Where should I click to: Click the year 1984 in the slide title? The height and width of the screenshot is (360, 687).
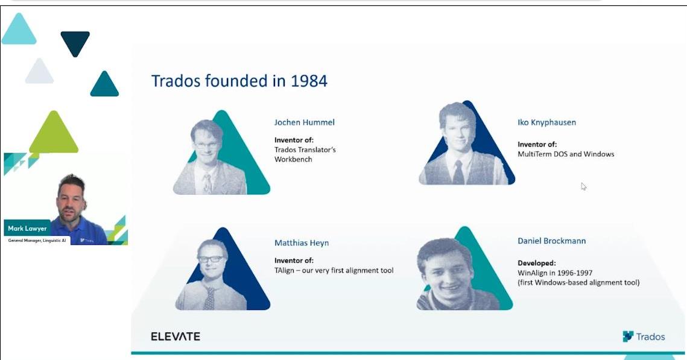pos(309,81)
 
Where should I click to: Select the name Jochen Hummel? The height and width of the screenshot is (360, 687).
pos(305,122)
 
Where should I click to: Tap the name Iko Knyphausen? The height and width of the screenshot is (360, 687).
pos(547,122)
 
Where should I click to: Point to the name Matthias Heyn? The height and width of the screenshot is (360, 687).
pos(302,243)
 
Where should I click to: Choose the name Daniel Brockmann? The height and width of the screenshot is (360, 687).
pos(552,241)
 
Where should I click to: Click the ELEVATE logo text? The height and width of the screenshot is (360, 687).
pos(176,336)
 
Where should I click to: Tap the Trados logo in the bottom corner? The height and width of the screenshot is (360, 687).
pos(644,336)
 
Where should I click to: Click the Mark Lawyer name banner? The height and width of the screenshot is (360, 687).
pos(27,228)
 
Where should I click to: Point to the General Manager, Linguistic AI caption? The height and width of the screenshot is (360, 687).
pos(37,241)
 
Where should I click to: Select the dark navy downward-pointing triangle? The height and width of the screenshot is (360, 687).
pos(75,42)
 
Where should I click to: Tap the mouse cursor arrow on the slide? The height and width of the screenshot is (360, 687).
pos(584,186)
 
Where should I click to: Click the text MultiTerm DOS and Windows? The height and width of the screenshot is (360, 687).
pos(566,154)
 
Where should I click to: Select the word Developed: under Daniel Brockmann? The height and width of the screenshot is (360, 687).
pos(537,263)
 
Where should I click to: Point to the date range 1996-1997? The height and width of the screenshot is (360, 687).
pos(574,273)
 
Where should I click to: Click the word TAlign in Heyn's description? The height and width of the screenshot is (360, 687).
pos(284,271)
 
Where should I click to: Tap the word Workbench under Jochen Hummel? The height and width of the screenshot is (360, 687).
pos(294,159)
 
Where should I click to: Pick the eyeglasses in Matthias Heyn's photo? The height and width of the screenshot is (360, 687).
pos(211,259)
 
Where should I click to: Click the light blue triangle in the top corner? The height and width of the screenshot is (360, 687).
pos(19,30)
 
